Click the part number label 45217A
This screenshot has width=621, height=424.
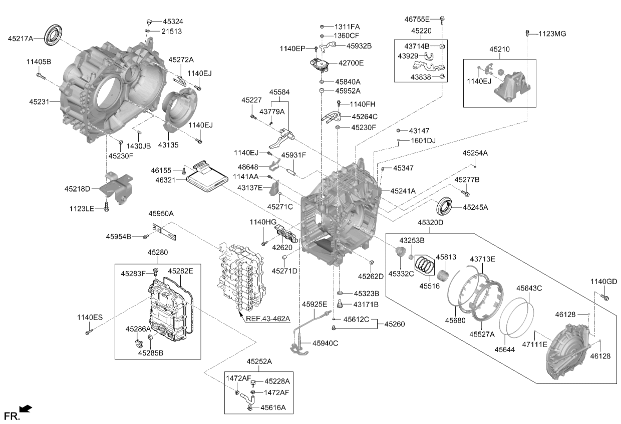tap(21, 38)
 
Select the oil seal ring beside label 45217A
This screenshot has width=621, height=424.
tap(54, 35)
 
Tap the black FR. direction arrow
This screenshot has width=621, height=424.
tap(26, 408)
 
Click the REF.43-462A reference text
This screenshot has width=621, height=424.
tap(268, 318)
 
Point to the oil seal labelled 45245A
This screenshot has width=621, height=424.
tap(444, 206)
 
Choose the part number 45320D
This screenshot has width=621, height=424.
tap(431, 222)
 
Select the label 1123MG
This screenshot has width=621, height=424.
tap(552, 34)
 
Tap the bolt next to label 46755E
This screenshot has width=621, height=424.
tap(442, 20)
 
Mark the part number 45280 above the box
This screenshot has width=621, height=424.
tap(157, 252)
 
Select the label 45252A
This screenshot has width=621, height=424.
tap(259, 361)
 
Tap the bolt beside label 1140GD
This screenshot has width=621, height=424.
tap(604, 297)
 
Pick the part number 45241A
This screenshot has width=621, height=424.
tap(403, 191)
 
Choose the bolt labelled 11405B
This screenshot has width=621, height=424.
tap(41, 75)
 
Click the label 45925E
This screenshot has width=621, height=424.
tap(315, 304)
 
